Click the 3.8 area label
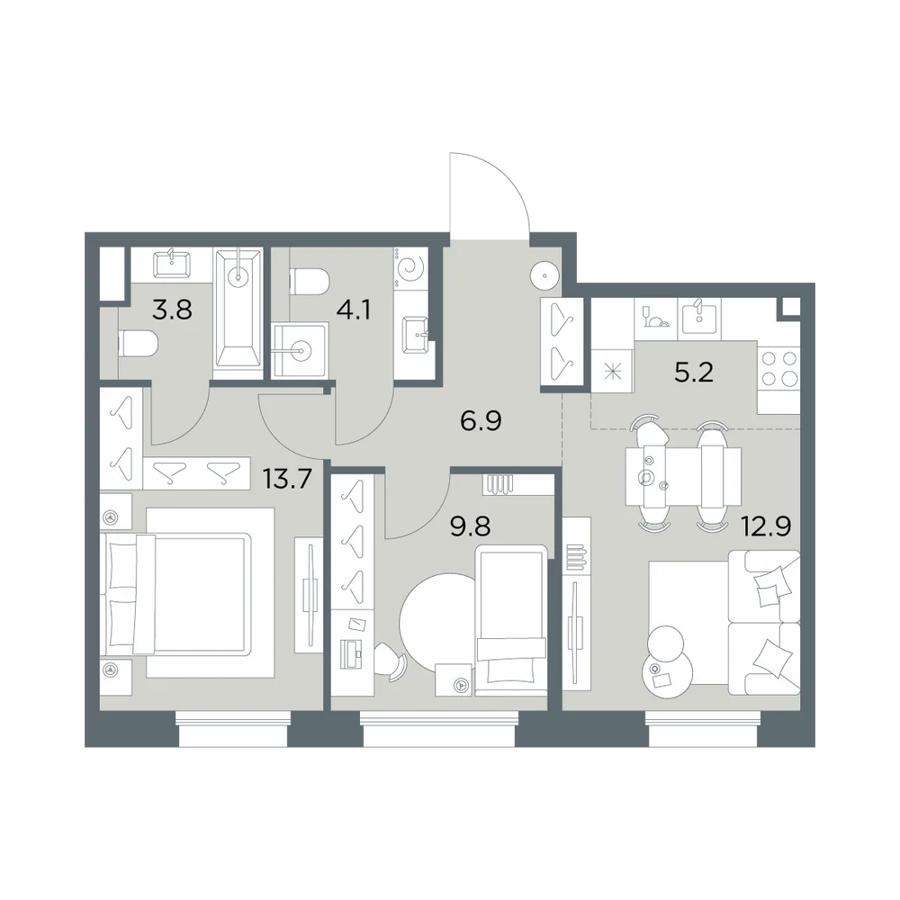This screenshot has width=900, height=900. pyautogui.click(x=172, y=310)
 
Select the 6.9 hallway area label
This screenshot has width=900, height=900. pyautogui.click(x=481, y=421)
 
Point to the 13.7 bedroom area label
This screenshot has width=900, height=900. pyautogui.click(x=287, y=478)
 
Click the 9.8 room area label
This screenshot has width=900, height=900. pyautogui.click(x=470, y=526)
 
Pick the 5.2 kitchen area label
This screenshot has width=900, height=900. pyautogui.click(x=694, y=373)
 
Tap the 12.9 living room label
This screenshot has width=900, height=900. pyautogui.click(x=766, y=526)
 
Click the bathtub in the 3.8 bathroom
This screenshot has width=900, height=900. pyautogui.click(x=238, y=308)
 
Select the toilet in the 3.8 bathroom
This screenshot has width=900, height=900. pyautogui.click(x=138, y=343)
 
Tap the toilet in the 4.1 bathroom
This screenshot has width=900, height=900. pyautogui.click(x=310, y=281)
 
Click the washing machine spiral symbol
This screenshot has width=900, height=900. pyautogui.click(x=411, y=268)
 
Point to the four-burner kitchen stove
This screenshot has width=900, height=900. pyautogui.click(x=778, y=369)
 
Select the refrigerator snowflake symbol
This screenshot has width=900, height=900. pyautogui.click(x=612, y=372)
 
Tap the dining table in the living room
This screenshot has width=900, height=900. pyautogui.click(x=683, y=477)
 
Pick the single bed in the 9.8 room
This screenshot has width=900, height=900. pyautogui.click(x=511, y=620)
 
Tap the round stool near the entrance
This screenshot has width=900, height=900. pyautogui.click(x=544, y=276)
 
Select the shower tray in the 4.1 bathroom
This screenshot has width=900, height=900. pyautogui.click(x=301, y=349)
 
